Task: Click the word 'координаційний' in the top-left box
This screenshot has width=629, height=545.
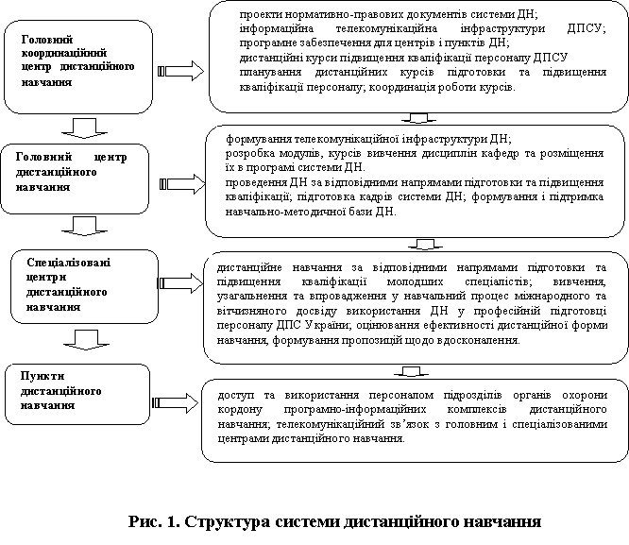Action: [x=64, y=53]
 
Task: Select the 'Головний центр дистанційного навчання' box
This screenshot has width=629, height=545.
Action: [x=75, y=179]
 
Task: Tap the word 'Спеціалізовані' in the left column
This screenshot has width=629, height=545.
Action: [x=69, y=263]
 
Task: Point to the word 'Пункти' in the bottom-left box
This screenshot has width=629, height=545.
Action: [x=42, y=376]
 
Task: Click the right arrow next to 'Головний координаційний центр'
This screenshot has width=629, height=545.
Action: [x=181, y=71]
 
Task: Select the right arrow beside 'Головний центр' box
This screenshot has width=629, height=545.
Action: [x=182, y=184]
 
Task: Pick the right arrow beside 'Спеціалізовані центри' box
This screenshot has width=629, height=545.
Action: [x=181, y=283]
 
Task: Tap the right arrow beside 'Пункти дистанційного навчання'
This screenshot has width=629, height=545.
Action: [x=176, y=402]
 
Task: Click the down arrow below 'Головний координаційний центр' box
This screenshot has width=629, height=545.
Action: [x=85, y=128]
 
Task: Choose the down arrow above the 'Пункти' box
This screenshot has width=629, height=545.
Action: [x=86, y=340]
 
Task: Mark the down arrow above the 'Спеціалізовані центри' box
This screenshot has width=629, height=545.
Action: [x=85, y=226]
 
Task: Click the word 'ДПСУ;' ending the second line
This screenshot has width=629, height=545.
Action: [x=586, y=28]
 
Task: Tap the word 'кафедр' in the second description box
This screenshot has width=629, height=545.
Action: [x=499, y=154]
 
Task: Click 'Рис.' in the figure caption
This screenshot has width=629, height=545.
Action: [x=144, y=521]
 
